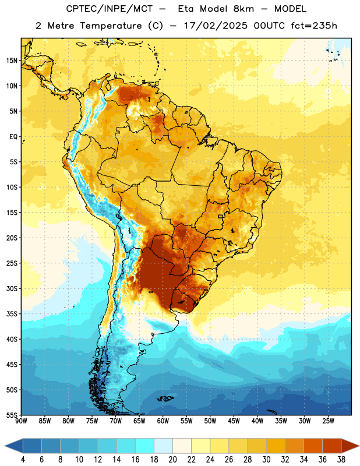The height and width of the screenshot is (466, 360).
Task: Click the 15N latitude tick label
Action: click(12, 61)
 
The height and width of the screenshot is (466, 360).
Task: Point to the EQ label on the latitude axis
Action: click(13, 137)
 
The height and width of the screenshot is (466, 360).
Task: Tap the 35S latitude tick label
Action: click(12, 314)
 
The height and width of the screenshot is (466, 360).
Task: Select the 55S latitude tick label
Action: click(12, 415)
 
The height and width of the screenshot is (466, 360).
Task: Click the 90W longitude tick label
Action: click(21, 421)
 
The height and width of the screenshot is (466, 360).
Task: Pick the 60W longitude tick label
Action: click(163, 421)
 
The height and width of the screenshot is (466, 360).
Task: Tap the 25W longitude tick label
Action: click(328, 421)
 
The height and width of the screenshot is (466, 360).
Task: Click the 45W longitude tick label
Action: click(234, 421)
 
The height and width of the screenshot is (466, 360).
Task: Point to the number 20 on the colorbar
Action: click(172, 460)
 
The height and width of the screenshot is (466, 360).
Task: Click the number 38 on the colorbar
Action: click(341, 460)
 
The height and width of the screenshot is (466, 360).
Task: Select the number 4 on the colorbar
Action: click(23, 460)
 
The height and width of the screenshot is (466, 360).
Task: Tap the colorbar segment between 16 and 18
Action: click(145, 446)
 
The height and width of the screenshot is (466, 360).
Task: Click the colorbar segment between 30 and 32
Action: click(276, 446)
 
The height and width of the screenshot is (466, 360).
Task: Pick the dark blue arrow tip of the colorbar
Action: click(5, 446)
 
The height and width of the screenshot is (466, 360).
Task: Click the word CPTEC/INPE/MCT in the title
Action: click(109, 9)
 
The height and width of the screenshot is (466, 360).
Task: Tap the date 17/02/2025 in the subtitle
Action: click(216, 26)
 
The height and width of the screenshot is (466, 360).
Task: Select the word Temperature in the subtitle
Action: click(111, 26)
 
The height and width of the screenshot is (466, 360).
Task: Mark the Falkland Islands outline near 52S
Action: click(165, 398)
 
